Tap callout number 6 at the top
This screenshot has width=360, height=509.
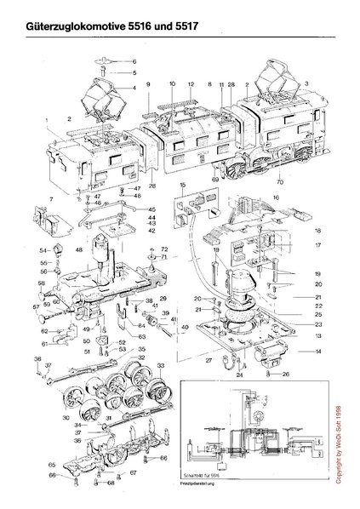point(134,62)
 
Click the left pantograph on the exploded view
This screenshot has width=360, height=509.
point(101,100)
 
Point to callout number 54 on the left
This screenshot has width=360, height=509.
point(43,250)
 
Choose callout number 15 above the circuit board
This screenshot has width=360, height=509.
point(183,185)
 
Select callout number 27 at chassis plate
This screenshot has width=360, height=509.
point(209,361)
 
